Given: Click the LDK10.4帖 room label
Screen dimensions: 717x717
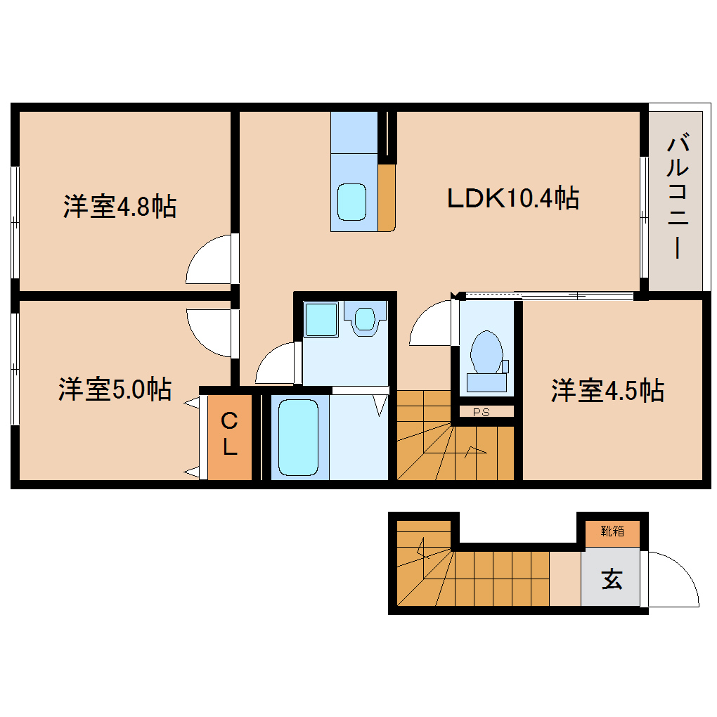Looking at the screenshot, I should click(x=513, y=198).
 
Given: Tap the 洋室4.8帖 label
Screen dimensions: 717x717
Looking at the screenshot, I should click(x=119, y=207).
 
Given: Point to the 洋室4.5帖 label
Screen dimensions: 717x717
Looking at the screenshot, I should click(x=607, y=391).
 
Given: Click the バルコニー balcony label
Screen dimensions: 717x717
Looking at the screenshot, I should click(x=677, y=198).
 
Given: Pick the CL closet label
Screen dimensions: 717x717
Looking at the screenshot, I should click(x=230, y=436).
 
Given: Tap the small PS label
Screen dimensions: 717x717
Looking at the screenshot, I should click(x=482, y=412).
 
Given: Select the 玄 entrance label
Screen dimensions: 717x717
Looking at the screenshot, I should click(x=612, y=580).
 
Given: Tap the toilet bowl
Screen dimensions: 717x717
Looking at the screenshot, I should click(x=486, y=351).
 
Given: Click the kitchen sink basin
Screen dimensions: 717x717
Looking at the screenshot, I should click(x=351, y=202).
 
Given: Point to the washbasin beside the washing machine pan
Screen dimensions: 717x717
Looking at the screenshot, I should click(x=364, y=318).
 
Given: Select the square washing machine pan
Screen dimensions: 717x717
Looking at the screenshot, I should click(x=321, y=319).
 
